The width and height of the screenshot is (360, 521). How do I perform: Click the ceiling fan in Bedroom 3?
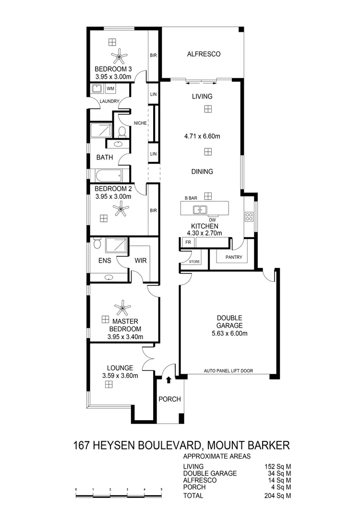119,58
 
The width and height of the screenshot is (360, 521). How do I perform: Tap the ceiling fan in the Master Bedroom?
123,306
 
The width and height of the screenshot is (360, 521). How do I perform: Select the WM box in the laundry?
110,89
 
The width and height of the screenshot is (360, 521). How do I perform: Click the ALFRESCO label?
204,54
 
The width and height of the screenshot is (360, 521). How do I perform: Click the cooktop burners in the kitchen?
249,217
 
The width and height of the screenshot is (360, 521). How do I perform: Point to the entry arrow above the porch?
168,380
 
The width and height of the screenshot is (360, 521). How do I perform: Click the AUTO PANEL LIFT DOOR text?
228,371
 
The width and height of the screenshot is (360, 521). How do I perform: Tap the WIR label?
141,261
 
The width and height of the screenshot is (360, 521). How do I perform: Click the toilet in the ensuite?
97,244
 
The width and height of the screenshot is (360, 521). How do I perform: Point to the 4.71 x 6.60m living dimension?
202,136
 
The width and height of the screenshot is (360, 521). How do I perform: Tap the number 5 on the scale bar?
161,489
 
